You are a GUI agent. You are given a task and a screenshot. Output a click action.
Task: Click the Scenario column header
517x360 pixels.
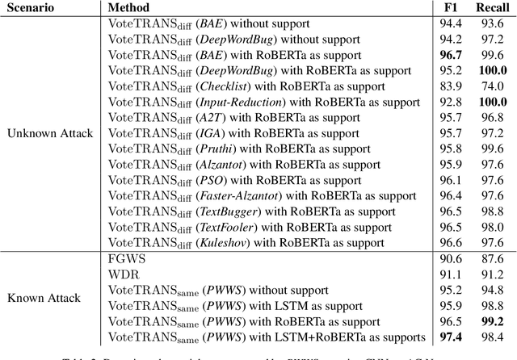tap(31, 8)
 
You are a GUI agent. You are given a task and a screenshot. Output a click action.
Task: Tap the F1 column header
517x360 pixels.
tap(452, 8)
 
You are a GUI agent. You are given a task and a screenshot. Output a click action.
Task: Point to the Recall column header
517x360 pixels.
tap(490, 8)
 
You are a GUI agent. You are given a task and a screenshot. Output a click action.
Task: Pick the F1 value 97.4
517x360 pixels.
tap(452, 337)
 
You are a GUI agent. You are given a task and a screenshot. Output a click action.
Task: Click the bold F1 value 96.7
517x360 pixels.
tap(452, 55)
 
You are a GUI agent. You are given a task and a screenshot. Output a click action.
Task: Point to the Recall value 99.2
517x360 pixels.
tap(491, 321)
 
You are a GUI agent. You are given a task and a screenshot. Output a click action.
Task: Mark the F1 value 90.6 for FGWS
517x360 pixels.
tap(452, 259)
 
